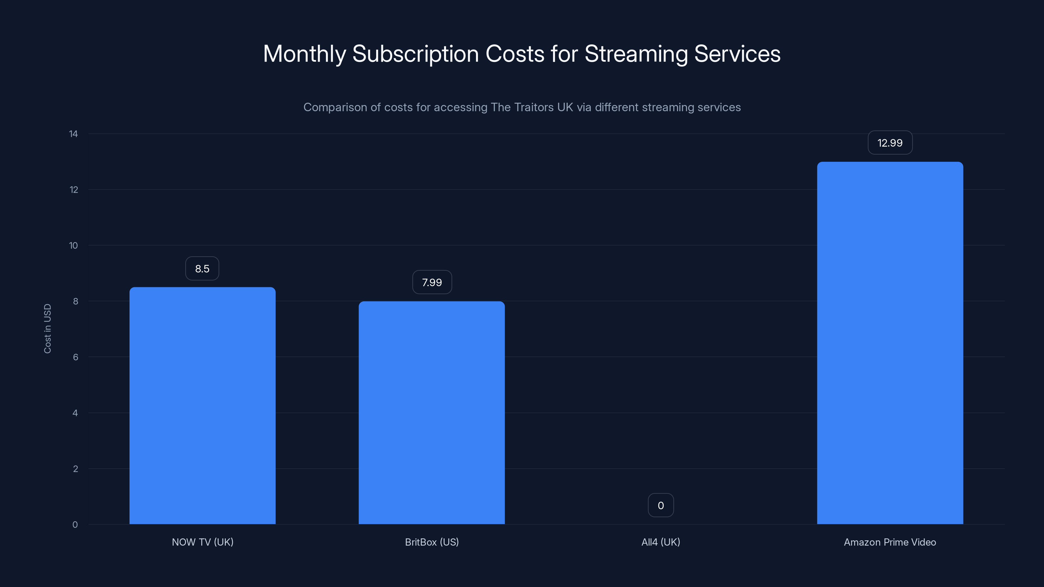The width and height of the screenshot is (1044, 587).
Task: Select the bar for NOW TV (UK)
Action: (202, 405)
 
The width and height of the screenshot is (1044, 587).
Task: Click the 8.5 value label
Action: (202, 269)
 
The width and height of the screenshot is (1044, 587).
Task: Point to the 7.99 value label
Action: (432, 282)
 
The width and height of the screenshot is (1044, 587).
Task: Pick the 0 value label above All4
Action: (661, 505)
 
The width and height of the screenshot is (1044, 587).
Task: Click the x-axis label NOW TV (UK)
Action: (203, 542)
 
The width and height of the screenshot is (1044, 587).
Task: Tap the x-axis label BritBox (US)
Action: (432, 542)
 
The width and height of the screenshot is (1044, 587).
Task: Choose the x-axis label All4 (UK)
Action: (661, 542)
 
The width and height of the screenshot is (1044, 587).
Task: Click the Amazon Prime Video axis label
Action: (890, 542)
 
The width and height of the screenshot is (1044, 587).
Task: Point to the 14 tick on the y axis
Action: (73, 134)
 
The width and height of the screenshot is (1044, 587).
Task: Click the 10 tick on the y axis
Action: (73, 246)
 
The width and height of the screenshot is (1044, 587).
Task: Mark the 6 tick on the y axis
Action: (75, 357)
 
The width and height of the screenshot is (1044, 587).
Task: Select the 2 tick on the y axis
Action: (75, 469)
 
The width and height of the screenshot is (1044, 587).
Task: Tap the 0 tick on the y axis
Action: (75, 525)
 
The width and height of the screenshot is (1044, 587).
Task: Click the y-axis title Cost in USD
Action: (47, 328)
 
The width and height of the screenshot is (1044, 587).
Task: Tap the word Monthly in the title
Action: (304, 54)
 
